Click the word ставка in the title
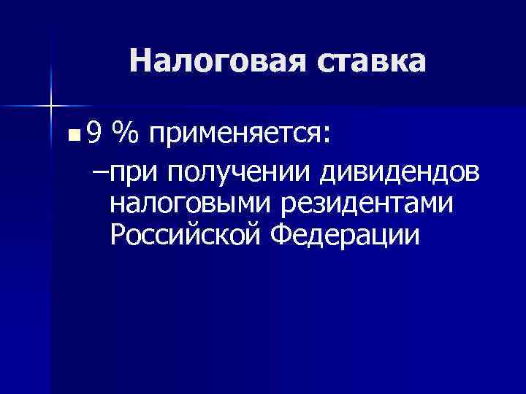tap(371, 62)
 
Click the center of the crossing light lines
tap(51, 107)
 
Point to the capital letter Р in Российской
tap(118, 235)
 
